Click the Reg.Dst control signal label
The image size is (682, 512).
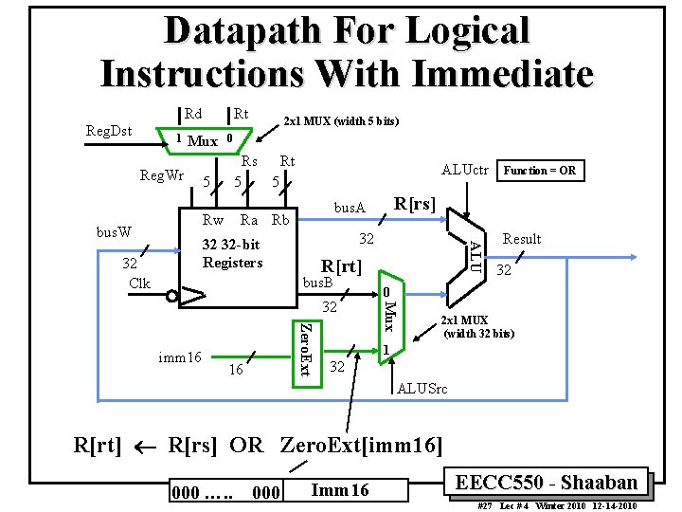pos(109,131)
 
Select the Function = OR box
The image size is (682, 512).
pos(540,171)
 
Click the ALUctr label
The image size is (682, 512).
pos(465,171)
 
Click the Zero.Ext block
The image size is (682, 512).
pos(302,349)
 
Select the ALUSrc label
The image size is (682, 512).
pos(423,389)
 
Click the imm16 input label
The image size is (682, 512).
pos(180,357)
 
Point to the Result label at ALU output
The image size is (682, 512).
pos(522,239)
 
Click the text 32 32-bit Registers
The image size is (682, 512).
pos(232,253)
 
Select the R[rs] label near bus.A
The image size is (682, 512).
pos(415,203)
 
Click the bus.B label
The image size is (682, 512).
pos(319,283)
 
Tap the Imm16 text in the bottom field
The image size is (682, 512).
pos(339,489)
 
